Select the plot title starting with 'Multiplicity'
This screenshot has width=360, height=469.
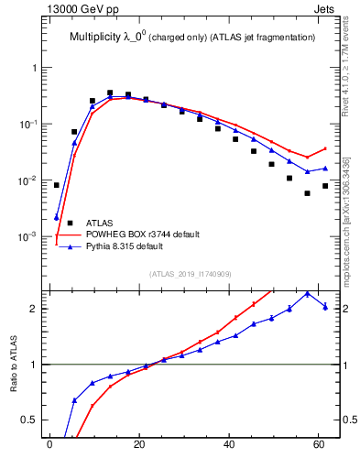point(191,38)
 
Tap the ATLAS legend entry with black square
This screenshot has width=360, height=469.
point(100,222)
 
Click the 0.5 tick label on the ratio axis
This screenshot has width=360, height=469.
point(30,420)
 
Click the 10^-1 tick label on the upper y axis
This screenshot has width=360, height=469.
point(27,125)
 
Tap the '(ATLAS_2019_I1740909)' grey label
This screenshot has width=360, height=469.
point(190,274)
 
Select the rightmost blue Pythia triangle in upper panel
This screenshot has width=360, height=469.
point(325,169)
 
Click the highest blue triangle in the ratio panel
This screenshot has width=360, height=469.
point(307,293)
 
